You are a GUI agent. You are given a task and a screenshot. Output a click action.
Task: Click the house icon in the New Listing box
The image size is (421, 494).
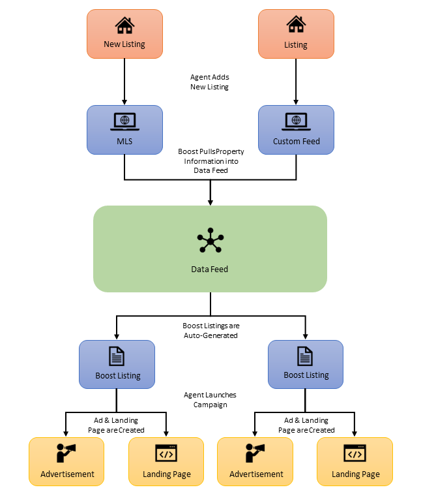point(124,25)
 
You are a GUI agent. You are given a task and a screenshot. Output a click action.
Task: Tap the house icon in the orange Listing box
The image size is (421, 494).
point(296,25)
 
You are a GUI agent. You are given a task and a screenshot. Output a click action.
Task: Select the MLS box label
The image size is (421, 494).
point(124,141)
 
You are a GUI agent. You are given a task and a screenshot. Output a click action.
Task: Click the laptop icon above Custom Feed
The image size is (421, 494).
point(296,121)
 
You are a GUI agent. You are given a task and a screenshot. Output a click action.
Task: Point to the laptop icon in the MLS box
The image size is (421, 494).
point(124,121)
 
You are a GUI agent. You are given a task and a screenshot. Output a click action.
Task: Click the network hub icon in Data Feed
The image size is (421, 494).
point(210,241)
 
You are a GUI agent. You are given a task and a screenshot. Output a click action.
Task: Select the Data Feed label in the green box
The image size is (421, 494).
point(210,269)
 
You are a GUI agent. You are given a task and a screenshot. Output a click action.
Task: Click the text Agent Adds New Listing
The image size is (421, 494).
point(210,82)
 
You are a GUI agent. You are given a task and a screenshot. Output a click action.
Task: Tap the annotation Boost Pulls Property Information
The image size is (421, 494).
point(210,161)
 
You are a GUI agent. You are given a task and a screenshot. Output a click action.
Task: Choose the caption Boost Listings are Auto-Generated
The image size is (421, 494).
point(210,330)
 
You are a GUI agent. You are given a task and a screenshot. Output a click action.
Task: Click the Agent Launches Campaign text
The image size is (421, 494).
point(210,399)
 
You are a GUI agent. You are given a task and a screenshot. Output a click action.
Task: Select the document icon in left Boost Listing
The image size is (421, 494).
point(117,356)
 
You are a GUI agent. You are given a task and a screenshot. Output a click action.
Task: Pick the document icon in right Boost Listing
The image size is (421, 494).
point(306,356)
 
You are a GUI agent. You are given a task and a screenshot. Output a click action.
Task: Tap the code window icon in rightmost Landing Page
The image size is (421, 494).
point(355,454)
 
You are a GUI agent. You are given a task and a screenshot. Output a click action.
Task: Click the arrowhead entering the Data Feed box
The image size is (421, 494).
point(210,201)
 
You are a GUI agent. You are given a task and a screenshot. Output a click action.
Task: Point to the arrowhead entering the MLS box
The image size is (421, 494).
point(124,101)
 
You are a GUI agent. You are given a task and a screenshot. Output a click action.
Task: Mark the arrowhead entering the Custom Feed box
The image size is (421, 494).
point(296,101)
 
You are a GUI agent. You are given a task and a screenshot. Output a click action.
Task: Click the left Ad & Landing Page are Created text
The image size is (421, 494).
point(117,425)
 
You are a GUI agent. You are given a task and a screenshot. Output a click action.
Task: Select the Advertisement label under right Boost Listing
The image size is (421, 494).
point(256,474)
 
